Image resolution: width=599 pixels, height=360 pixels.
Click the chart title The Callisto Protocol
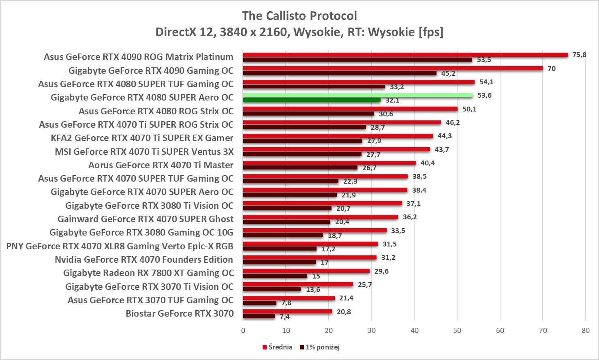(299, 16)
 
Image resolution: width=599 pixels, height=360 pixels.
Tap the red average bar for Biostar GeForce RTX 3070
(287, 312)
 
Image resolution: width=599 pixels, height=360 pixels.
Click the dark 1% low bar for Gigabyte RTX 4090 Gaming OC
(340, 73)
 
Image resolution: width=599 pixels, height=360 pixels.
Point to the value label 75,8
(579, 55)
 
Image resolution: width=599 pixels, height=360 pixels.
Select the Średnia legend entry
(278, 347)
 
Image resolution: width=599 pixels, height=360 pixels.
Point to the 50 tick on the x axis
(457, 330)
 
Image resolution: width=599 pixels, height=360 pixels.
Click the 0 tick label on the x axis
(243, 330)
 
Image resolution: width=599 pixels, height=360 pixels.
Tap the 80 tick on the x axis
(586, 330)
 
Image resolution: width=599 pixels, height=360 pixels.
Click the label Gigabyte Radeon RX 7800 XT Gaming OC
(148, 273)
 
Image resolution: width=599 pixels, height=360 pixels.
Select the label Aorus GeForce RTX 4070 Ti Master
(161, 165)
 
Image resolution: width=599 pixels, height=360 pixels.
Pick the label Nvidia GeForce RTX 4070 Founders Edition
(144, 259)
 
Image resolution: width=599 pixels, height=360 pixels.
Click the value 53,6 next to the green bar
(484, 96)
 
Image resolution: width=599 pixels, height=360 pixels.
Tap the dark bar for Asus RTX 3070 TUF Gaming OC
(260, 303)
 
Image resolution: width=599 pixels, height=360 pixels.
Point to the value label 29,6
(381, 271)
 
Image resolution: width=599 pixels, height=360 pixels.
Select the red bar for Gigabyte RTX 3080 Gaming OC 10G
(315, 231)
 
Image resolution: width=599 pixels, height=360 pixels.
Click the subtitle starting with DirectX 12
(299, 32)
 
